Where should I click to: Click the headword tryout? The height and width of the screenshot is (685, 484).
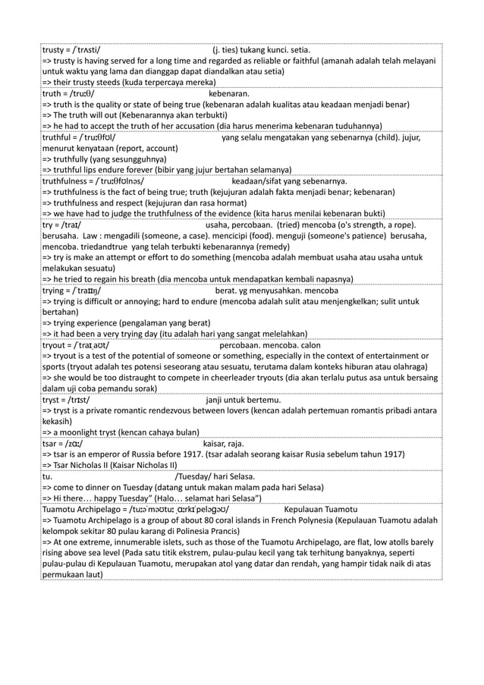point(56,345)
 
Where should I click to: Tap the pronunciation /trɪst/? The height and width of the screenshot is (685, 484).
point(79,400)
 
